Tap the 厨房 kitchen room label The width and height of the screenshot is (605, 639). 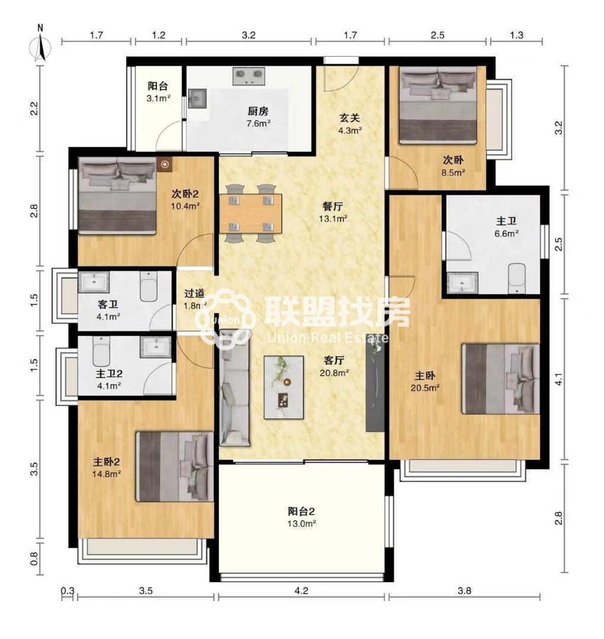click(x=258, y=111)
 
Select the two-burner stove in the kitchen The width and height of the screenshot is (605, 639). click(x=249, y=76)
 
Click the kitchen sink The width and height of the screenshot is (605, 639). click(x=197, y=98)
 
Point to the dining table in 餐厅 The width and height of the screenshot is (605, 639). click(x=251, y=214)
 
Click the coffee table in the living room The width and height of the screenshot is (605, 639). click(x=284, y=387)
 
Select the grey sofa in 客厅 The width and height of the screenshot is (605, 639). click(x=235, y=388)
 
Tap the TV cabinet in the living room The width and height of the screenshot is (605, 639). click(x=375, y=383)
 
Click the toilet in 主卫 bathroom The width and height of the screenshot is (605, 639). click(x=517, y=278)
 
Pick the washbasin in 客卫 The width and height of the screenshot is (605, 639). click(x=94, y=282)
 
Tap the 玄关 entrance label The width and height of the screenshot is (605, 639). click(x=350, y=118)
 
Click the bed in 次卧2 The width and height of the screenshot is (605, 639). click(x=118, y=196)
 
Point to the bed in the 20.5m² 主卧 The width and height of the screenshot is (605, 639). click(x=501, y=379)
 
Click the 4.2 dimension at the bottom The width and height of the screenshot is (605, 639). click(x=301, y=590)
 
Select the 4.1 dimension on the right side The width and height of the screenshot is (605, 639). click(x=559, y=380)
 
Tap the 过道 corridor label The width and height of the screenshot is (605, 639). click(x=194, y=293)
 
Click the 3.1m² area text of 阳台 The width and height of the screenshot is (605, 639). click(x=158, y=98)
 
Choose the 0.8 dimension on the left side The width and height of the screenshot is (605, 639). click(x=34, y=559)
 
